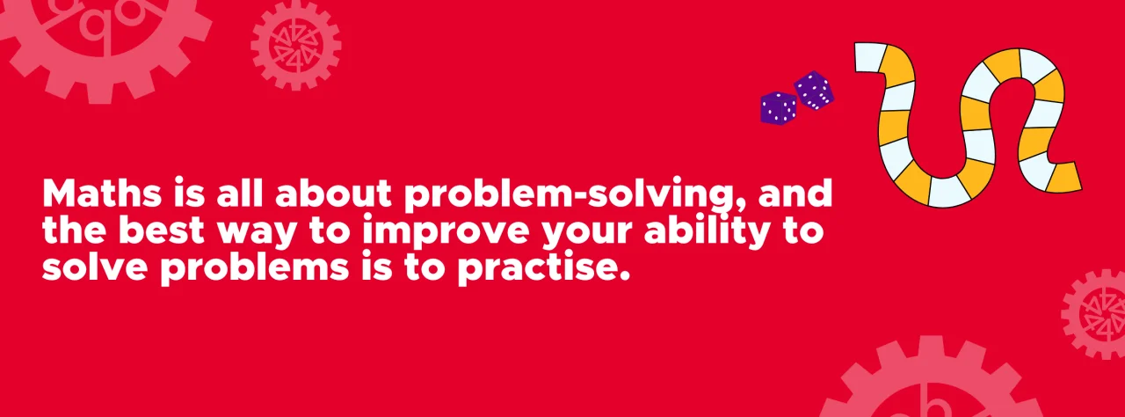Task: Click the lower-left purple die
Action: [x=778, y=108]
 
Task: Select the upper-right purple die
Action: [x=814, y=90]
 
